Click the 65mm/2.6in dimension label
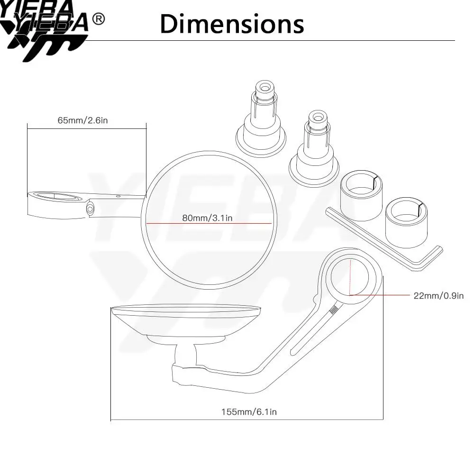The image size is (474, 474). click(x=82, y=120)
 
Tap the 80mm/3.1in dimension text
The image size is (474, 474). click(x=208, y=218)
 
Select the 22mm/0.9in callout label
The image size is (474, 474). click(x=438, y=296)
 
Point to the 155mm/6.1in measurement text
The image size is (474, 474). click(x=249, y=412)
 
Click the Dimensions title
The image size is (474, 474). click(x=232, y=24)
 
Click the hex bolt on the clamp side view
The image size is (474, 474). click(x=90, y=209)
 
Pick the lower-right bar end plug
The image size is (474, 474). click(x=314, y=148)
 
